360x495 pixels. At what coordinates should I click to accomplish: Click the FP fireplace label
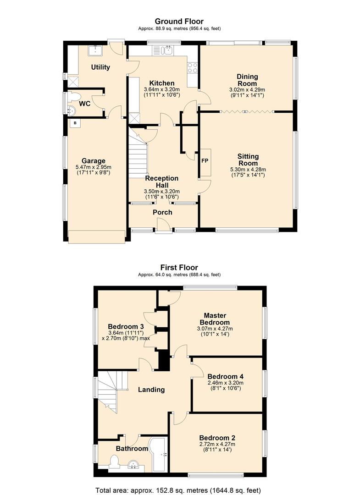[x=205, y=161]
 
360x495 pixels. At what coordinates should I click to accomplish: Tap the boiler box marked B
[x=75, y=123]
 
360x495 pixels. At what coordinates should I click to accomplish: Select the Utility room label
[x=100, y=67]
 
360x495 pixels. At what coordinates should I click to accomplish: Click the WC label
[x=85, y=104]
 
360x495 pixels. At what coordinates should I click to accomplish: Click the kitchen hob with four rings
[x=192, y=67]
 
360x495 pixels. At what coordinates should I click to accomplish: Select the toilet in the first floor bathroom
[x=113, y=462]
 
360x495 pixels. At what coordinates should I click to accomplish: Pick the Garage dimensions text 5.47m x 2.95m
[x=94, y=167]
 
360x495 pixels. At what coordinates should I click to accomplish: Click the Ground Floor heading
[x=179, y=21]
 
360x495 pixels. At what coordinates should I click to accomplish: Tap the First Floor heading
[x=179, y=267]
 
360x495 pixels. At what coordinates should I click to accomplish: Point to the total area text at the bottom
[x=178, y=490]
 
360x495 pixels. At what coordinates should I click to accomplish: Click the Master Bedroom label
[x=215, y=319]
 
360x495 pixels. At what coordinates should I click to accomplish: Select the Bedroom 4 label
[x=226, y=376]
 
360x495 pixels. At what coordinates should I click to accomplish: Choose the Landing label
[x=151, y=390]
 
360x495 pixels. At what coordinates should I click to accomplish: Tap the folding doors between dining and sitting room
[x=247, y=111]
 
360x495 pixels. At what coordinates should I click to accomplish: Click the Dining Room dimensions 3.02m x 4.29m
[x=247, y=90]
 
